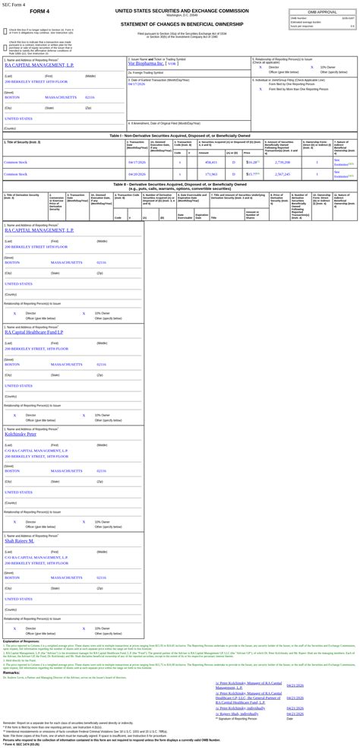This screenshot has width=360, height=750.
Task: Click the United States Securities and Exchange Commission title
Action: click(x=182, y=11)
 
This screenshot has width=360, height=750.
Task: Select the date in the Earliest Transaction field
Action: click(x=137, y=84)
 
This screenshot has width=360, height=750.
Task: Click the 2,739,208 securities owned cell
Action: click(x=283, y=162)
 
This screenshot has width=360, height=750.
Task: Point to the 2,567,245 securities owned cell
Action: click(x=283, y=173)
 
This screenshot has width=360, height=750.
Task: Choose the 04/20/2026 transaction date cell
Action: click(x=137, y=173)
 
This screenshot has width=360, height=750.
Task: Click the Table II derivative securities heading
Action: click(x=179, y=185)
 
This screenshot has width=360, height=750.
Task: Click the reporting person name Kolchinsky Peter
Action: click(x=21, y=434)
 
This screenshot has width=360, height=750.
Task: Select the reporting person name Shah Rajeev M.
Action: click(x=19, y=540)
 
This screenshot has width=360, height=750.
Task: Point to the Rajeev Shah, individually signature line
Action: click(x=237, y=714)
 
